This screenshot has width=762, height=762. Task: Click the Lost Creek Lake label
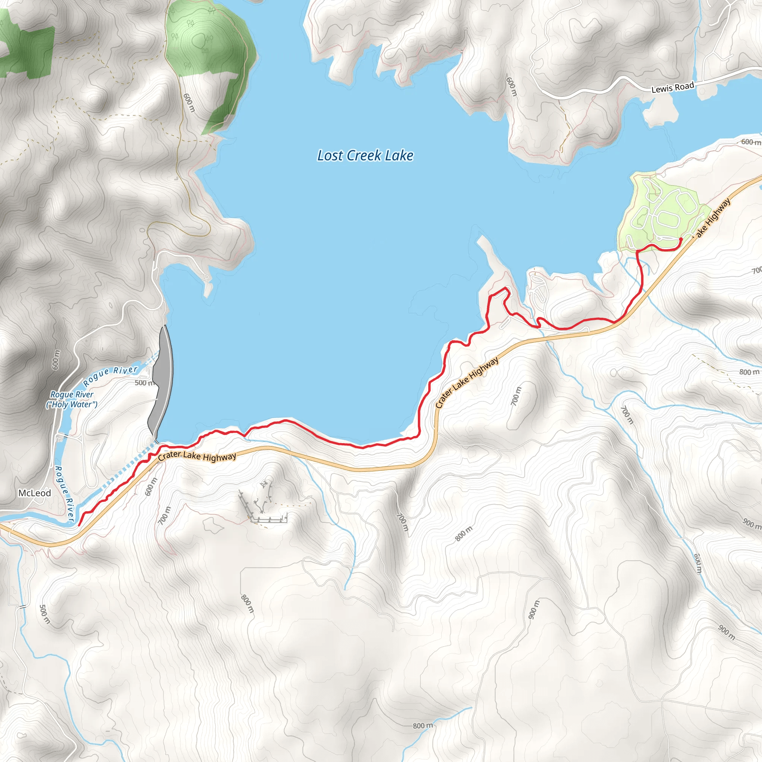365,156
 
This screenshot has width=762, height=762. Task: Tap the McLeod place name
35,493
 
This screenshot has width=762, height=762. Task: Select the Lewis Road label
672,87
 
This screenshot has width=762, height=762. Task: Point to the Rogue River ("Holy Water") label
72,399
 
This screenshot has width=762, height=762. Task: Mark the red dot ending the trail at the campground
681,239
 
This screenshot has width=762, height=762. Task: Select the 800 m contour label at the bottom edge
423,726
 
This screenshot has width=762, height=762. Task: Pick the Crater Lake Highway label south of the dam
197,456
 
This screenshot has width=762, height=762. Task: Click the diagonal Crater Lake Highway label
467,382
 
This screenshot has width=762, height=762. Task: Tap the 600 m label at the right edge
750,142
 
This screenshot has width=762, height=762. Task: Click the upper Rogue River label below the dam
111,375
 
